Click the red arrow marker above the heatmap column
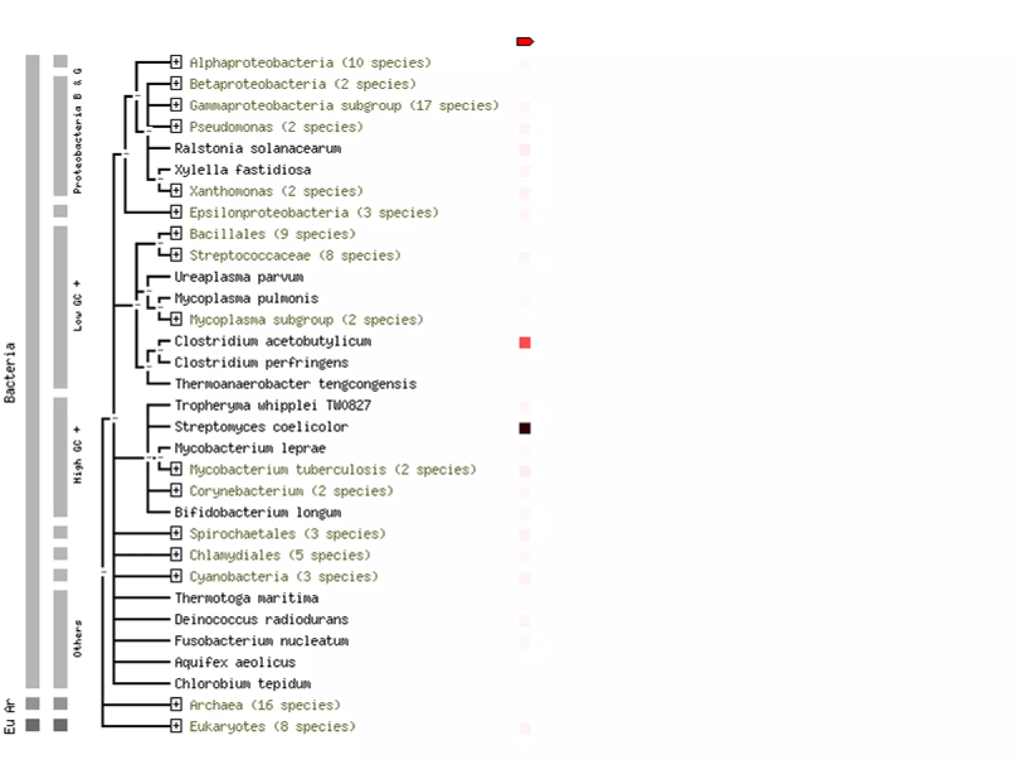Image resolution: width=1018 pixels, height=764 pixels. point(524,41)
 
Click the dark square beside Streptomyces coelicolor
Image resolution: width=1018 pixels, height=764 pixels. point(524,428)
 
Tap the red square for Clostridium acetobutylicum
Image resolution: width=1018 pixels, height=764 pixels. point(524,343)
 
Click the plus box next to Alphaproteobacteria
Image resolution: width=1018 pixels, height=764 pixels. point(176,62)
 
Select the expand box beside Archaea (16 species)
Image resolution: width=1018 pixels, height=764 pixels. point(176,704)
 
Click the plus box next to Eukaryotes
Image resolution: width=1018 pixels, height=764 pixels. point(176,726)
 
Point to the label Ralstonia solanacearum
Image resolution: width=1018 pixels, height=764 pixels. point(257,148)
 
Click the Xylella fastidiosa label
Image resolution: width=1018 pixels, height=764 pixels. point(243,170)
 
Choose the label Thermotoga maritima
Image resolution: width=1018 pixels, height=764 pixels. point(247,598)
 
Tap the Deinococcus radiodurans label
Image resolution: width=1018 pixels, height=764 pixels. point(261,619)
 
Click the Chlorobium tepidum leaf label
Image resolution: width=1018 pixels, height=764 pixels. point(243,683)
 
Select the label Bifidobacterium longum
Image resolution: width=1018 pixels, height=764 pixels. point(257,512)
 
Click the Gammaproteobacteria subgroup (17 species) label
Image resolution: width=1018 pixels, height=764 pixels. point(344,105)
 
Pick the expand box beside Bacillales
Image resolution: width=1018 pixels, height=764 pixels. point(176,233)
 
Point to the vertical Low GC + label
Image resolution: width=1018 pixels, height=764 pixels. point(78,306)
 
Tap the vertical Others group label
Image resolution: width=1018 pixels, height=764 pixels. point(78,639)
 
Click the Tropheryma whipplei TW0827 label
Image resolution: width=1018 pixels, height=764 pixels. point(272,405)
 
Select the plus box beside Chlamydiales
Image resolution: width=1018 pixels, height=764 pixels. point(176,555)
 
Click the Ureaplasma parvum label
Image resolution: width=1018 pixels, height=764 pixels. point(239,277)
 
